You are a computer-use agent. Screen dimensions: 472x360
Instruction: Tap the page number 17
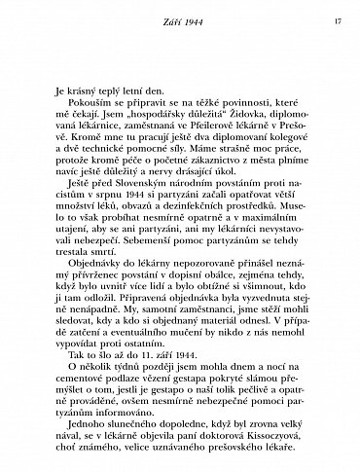tap(335, 18)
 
